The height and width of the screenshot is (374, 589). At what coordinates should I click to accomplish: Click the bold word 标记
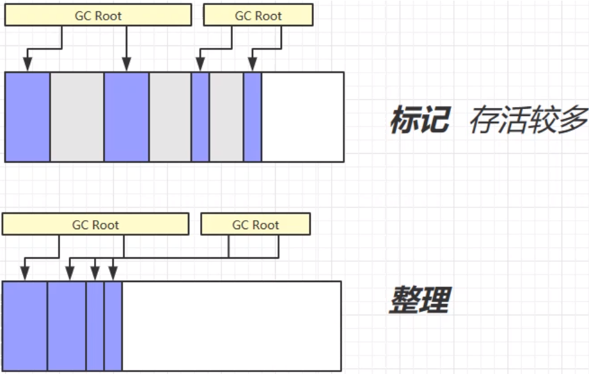(x=420, y=119)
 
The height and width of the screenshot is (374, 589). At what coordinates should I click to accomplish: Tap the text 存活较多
(x=528, y=119)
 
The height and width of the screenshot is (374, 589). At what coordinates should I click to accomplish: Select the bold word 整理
(x=420, y=299)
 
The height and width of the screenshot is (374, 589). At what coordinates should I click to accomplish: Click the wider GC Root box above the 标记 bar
(x=98, y=16)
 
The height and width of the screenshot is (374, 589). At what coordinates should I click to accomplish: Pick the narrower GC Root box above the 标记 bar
(x=258, y=16)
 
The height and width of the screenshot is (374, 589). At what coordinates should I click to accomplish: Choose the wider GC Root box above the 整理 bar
(x=95, y=225)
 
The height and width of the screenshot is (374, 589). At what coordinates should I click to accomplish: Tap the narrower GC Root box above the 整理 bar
(x=255, y=225)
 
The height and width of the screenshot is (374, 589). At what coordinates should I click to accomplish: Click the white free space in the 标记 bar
(x=302, y=117)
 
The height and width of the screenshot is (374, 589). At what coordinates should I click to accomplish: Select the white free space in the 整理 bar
(x=231, y=326)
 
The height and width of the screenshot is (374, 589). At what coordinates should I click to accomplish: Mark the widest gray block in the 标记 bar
(x=77, y=117)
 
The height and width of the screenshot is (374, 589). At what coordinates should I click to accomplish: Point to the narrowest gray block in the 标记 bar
(x=226, y=117)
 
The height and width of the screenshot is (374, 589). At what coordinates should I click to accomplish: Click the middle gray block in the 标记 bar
(x=170, y=117)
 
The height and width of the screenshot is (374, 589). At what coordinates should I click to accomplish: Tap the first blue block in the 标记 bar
(x=27, y=117)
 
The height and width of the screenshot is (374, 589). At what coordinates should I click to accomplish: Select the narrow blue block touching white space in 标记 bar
(x=253, y=117)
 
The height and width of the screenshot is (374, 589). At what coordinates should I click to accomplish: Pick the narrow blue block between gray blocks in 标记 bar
(x=200, y=117)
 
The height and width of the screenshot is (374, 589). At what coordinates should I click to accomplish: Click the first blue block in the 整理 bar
(x=25, y=326)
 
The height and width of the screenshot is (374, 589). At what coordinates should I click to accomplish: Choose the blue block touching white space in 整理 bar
(x=113, y=326)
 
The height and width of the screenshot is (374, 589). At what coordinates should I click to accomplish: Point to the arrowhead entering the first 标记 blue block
(x=27, y=64)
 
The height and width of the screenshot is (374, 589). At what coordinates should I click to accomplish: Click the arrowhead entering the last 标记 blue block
(x=253, y=64)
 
